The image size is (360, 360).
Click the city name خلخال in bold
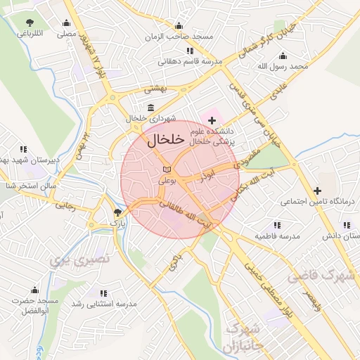click(x=166, y=140)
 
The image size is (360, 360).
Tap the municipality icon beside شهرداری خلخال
click(x=131, y=108)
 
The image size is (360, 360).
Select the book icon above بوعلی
click(x=166, y=169)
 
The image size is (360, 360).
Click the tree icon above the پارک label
click(x=117, y=212)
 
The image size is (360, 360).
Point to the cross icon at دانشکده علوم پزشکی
click(x=212, y=121)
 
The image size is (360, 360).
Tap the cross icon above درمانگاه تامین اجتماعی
click(x=317, y=191)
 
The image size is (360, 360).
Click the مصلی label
click(x=66, y=33)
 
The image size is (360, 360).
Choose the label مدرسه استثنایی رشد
click(x=104, y=303)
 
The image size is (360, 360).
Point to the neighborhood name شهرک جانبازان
click(x=242, y=338)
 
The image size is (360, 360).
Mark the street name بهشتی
click(x=153, y=90)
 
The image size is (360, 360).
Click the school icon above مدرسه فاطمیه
click(x=276, y=224)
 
